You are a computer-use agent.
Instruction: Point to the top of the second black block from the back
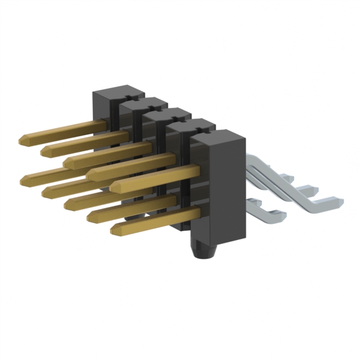coord(143,102)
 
